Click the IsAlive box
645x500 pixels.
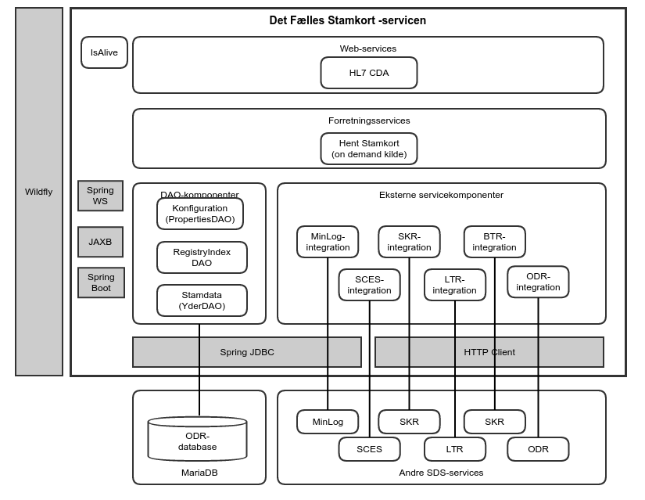[x=104, y=52]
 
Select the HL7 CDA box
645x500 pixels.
[x=368, y=73]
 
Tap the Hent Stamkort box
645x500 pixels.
[x=368, y=149]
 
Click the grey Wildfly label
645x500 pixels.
[x=38, y=192]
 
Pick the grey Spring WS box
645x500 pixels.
[x=101, y=196]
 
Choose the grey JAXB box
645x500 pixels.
[x=101, y=242]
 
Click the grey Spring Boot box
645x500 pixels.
[x=101, y=282]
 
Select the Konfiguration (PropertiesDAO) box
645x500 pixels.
[x=201, y=214]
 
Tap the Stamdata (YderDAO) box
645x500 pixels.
[x=202, y=300]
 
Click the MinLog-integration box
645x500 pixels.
[x=328, y=242]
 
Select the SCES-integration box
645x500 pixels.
[x=369, y=285]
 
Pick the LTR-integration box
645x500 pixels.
[x=454, y=285]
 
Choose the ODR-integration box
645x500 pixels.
[x=538, y=282]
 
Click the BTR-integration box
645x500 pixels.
[x=494, y=242]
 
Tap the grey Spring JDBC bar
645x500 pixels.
[x=246, y=352]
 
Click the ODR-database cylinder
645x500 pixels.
[x=197, y=441]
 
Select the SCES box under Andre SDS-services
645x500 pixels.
[x=369, y=449]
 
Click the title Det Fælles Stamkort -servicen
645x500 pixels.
[x=347, y=20]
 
